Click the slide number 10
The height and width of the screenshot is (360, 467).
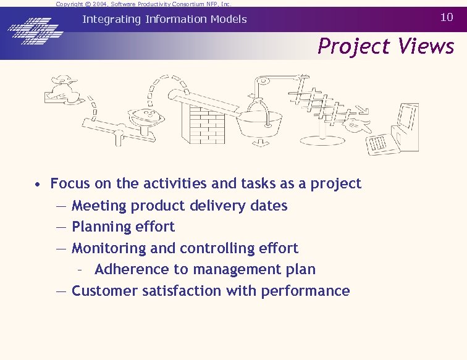click(x=447, y=17)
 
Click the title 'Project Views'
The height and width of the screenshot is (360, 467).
click(x=386, y=46)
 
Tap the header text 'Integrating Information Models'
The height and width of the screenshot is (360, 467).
click(x=164, y=19)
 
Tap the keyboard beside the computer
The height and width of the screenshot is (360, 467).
click(x=379, y=144)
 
